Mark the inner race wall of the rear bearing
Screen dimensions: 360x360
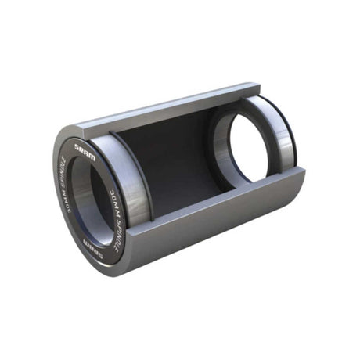point(227,141)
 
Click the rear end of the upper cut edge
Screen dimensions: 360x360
point(254,85)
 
